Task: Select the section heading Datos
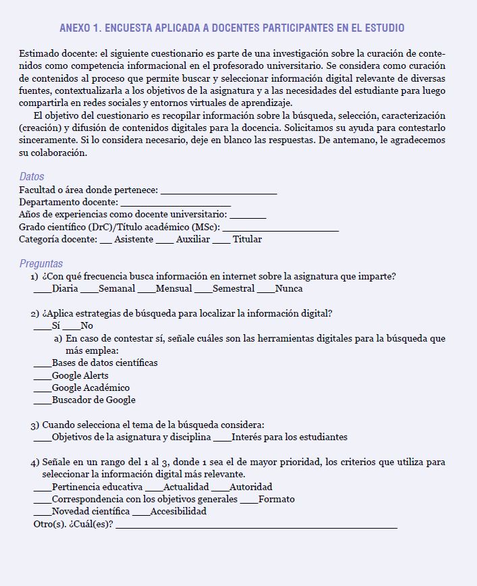tap(32, 177)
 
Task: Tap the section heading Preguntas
tap(41, 263)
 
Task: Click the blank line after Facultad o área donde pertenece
tap(219, 192)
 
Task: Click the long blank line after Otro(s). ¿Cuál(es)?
tap(256, 525)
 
